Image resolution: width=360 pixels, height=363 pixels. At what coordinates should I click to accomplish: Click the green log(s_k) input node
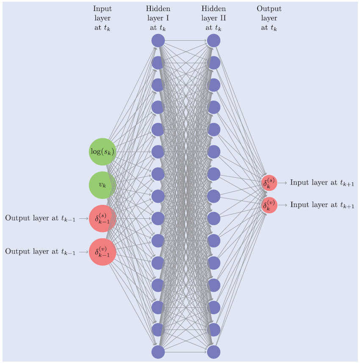(x=102, y=151)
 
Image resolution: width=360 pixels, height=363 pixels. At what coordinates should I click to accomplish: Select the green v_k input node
(x=102, y=185)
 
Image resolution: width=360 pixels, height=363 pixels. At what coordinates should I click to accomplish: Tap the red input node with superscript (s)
(x=102, y=218)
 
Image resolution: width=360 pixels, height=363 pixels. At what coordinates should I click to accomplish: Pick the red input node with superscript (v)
(x=102, y=252)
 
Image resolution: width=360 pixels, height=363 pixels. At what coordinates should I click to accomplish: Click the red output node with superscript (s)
(x=269, y=183)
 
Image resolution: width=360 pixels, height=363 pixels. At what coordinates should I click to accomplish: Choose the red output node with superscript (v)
(x=269, y=205)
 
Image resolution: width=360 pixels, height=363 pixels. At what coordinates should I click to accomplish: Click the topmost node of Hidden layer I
(x=158, y=41)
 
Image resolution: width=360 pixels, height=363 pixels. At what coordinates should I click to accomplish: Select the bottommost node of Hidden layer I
(x=158, y=352)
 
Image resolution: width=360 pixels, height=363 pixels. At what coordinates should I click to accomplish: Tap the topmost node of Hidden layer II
(x=214, y=41)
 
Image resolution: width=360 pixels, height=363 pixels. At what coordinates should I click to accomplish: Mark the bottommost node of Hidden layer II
(x=214, y=352)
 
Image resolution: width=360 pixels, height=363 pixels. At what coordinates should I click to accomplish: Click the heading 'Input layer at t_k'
(x=102, y=19)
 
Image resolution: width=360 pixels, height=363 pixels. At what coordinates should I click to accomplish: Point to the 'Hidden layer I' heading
(x=158, y=19)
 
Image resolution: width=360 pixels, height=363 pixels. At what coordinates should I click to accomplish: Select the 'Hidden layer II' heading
(x=214, y=19)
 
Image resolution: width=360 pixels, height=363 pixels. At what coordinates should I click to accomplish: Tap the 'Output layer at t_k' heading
(x=269, y=19)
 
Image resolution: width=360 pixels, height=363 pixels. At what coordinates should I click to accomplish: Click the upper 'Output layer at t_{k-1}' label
(x=40, y=218)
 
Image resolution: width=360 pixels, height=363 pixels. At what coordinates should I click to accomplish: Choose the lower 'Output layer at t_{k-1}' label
(x=40, y=252)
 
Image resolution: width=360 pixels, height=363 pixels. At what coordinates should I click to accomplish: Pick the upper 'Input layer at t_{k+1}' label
(x=322, y=183)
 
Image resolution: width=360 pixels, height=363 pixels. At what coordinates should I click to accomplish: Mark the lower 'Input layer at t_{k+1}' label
(x=322, y=205)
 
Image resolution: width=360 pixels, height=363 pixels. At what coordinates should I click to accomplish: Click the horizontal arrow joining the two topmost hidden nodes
(x=186, y=41)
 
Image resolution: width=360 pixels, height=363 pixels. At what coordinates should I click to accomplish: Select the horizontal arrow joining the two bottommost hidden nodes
(x=186, y=352)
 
